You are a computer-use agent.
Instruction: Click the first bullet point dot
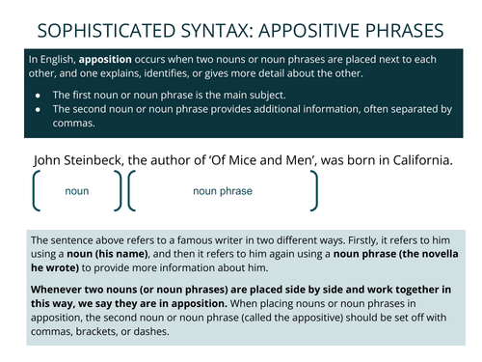(x=38, y=94)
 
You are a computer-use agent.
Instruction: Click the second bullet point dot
(x=38, y=109)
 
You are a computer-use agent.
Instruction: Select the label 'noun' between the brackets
(x=77, y=191)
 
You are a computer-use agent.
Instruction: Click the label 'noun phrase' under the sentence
(x=222, y=191)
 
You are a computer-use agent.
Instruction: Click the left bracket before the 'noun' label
(x=37, y=191)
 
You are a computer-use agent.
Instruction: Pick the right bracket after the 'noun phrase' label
(x=313, y=191)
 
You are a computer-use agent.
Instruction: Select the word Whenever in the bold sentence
(x=60, y=289)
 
